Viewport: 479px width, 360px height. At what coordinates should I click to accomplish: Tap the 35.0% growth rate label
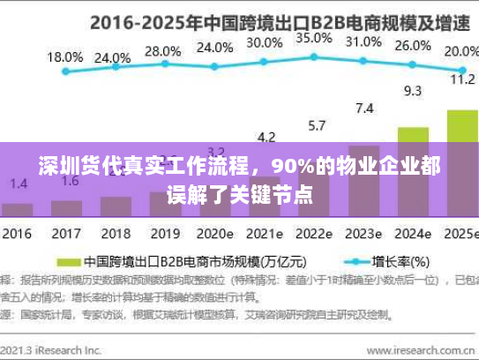click(313, 38)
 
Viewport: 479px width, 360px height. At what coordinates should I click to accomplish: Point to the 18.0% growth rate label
click(64, 56)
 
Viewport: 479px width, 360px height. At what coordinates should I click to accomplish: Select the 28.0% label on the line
click(162, 50)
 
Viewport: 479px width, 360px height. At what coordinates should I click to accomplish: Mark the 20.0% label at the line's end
click(461, 50)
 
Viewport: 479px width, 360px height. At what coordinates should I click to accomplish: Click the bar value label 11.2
click(462, 79)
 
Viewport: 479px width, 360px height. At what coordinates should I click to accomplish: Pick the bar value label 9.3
click(412, 90)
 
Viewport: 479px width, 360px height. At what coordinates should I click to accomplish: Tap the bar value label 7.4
click(363, 109)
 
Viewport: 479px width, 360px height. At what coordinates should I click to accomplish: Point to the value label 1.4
click(19, 183)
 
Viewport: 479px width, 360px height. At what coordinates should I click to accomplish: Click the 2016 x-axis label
click(16, 236)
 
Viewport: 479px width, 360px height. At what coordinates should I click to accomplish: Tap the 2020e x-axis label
click(214, 236)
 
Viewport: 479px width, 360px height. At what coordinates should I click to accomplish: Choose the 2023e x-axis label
click(363, 236)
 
